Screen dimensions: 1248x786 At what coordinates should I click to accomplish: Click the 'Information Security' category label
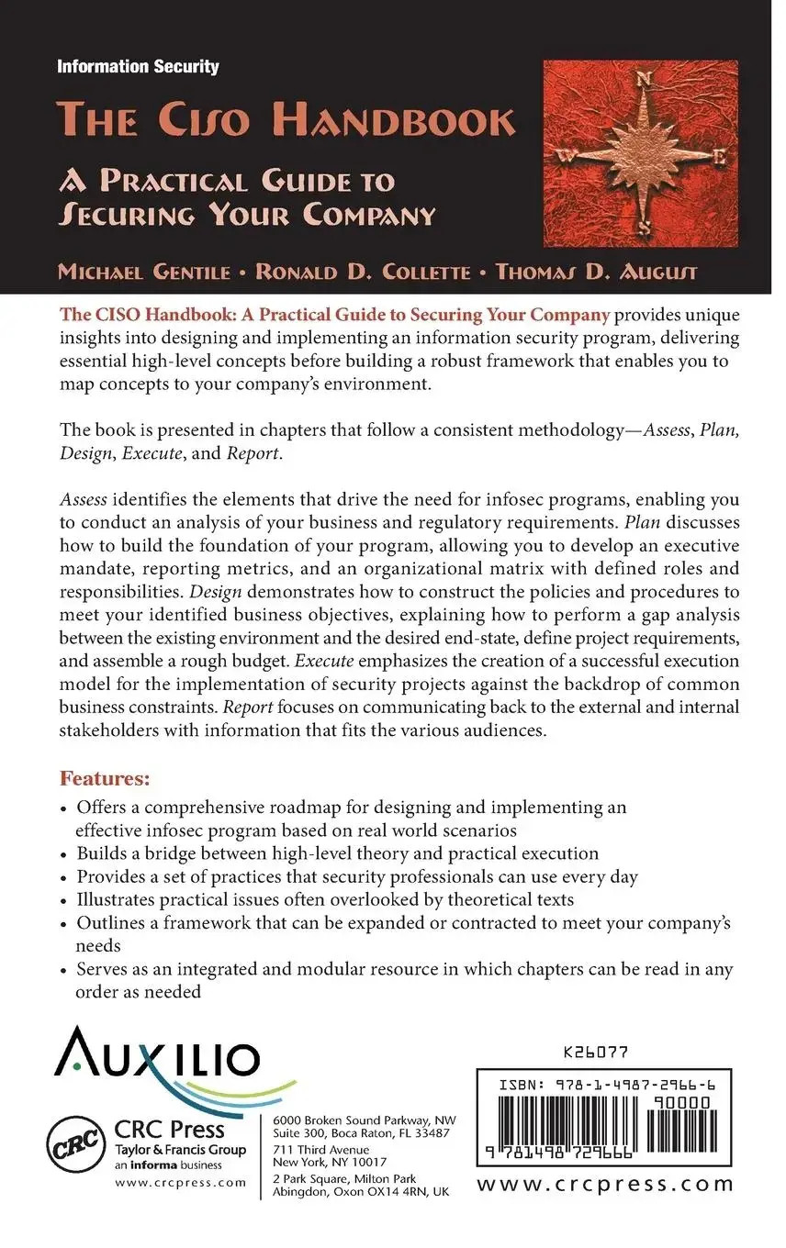point(138,66)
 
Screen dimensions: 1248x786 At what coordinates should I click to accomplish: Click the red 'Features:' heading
point(105,779)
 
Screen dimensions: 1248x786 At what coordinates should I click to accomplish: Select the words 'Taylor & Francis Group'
point(180,1149)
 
